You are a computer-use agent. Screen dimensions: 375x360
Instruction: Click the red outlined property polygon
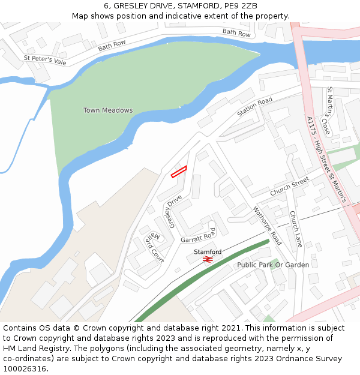click(x=179, y=172)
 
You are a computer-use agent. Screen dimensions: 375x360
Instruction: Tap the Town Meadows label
click(x=108, y=110)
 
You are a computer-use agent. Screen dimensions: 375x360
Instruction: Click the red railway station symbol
click(x=208, y=259)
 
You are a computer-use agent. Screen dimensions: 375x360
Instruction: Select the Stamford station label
click(x=208, y=251)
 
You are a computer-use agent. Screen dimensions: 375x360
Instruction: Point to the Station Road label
click(x=254, y=106)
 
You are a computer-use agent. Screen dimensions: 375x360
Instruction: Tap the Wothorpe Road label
click(x=268, y=226)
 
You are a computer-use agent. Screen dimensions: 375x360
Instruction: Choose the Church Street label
click(x=289, y=186)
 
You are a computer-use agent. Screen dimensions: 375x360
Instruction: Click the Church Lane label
click(x=296, y=229)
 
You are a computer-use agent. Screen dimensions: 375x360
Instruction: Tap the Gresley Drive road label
click(x=170, y=211)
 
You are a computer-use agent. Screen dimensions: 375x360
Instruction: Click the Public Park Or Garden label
click(x=273, y=265)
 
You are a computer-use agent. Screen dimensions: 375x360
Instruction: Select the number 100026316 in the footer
click(x=25, y=369)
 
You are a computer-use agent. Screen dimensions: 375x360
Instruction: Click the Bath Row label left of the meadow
click(x=112, y=44)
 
